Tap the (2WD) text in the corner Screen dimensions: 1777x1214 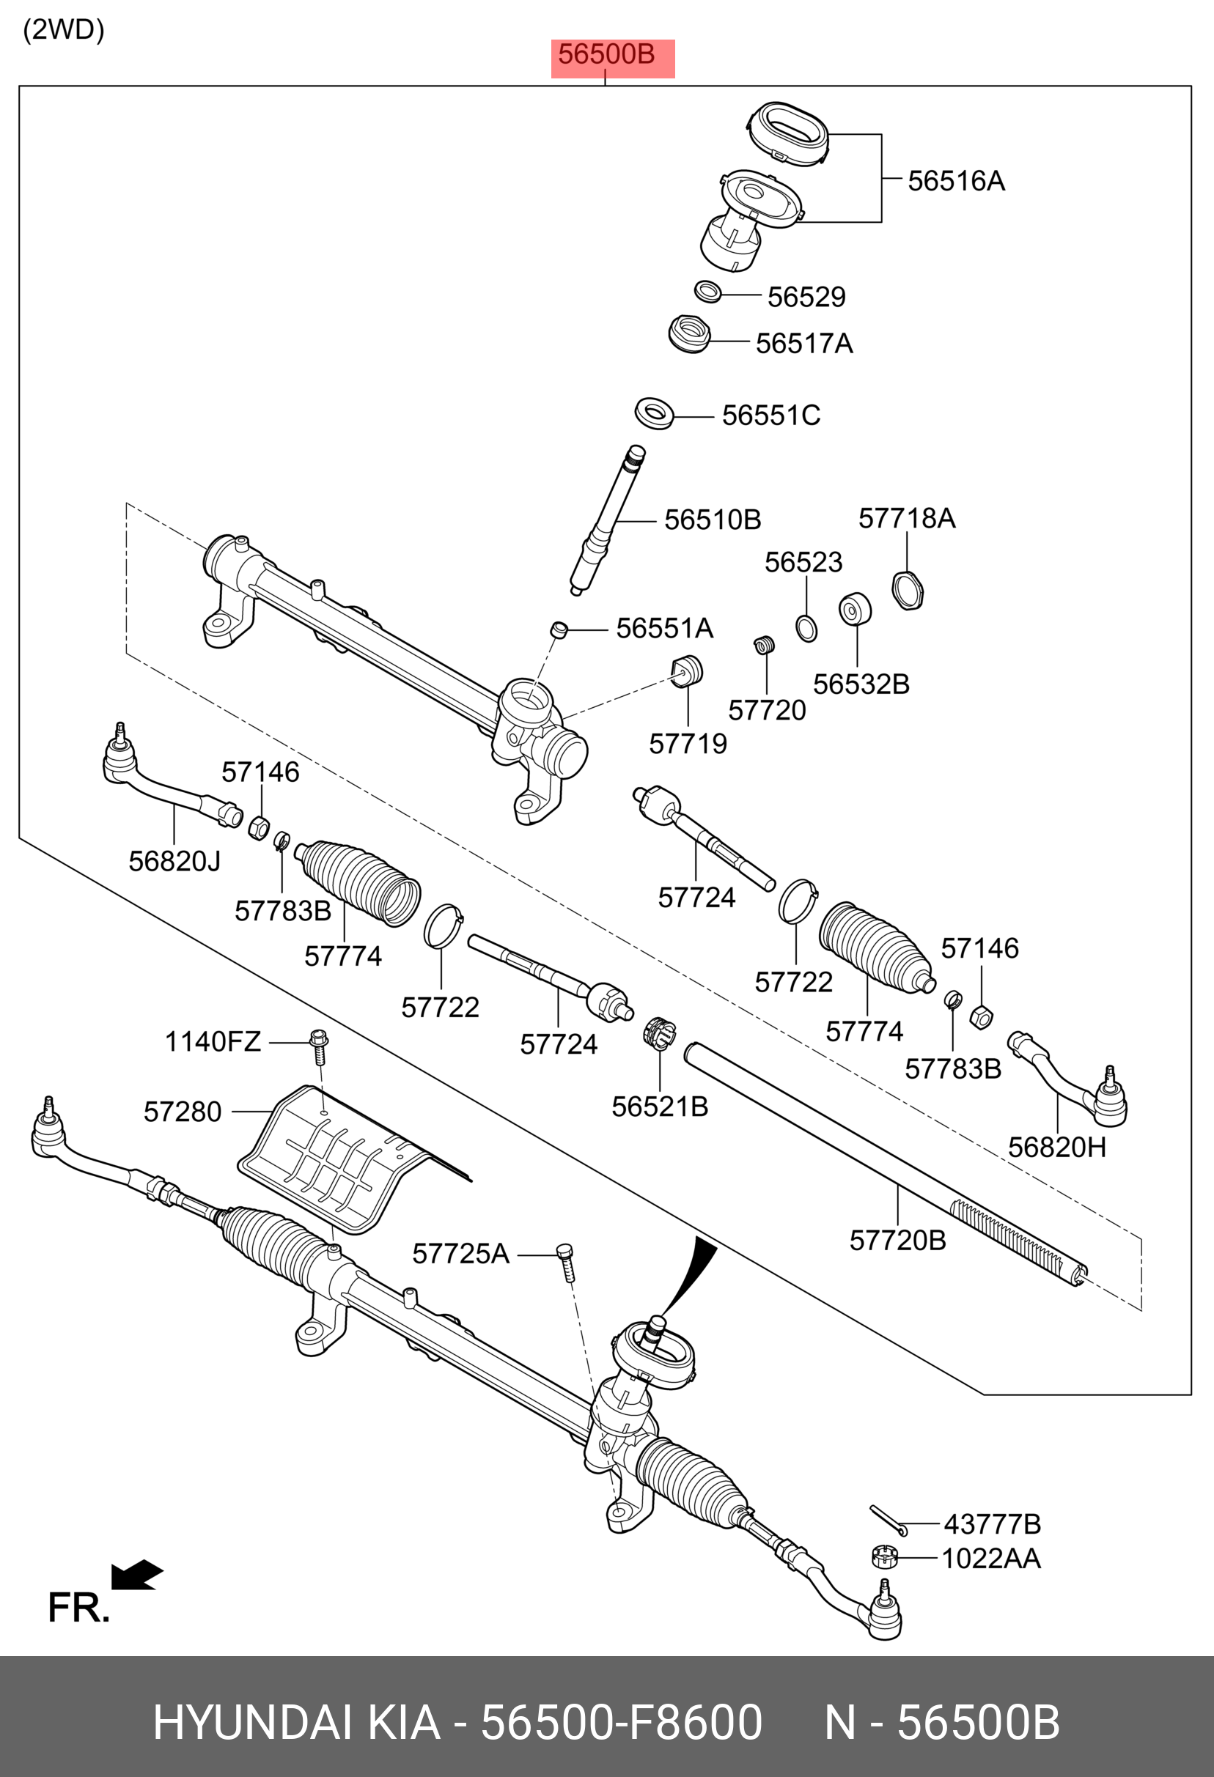64,30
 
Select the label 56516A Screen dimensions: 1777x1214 955,181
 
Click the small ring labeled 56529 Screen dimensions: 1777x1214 707,292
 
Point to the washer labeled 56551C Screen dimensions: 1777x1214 654,414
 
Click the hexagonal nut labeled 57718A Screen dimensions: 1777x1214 908,591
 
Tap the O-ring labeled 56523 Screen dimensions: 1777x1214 806,629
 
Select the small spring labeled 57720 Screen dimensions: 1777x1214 764,646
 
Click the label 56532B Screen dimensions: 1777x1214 861,684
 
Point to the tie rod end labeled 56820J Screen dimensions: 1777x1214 169,784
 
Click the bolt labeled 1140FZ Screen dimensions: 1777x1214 319,1046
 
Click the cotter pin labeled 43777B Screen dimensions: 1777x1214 887,1518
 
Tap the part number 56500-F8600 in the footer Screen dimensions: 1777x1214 620,1722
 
